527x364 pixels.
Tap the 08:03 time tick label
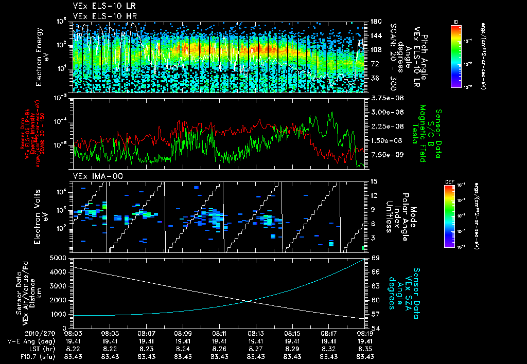coord(74,333)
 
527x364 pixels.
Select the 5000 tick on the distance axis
coord(59,257)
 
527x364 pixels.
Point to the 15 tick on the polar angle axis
coord(373,181)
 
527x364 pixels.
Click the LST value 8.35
coord(365,349)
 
